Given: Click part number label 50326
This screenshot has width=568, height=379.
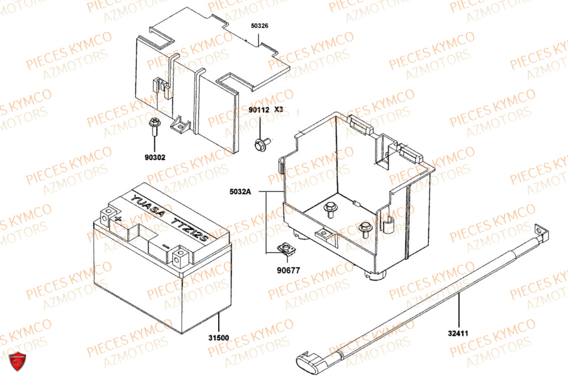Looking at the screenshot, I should pos(260,26).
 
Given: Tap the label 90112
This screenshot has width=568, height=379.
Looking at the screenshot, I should pos(258,109).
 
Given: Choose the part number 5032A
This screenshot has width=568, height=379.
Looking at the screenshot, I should pos(240,192).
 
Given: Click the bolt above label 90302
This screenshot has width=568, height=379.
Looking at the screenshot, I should pos(154,126).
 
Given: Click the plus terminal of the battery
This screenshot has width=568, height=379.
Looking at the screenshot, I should pos(118,218).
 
